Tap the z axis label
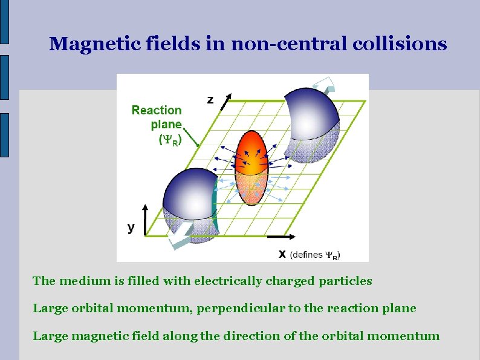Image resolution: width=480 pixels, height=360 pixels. click(x=210, y=100)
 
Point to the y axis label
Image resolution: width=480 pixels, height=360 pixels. click(x=131, y=227)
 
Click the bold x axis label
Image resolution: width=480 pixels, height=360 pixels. click(x=282, y=254)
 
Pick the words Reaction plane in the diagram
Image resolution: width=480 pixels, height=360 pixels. click(x=157, y=117)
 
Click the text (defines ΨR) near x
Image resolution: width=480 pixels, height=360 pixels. click(x=315, y=255)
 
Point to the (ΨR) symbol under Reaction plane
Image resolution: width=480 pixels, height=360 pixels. click(x=170, y=140)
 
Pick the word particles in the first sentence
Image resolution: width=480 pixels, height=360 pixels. click(x=348, y=281)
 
